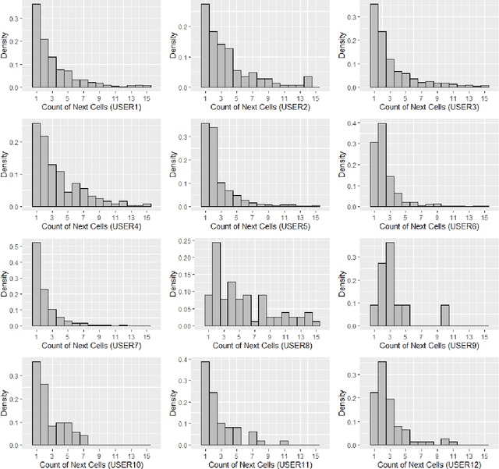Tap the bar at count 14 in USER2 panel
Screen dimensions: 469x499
[307, 82]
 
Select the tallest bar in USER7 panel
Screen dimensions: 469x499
[36, 285]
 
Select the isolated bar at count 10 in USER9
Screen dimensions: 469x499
[445, 315]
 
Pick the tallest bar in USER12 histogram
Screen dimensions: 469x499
[382, 403]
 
